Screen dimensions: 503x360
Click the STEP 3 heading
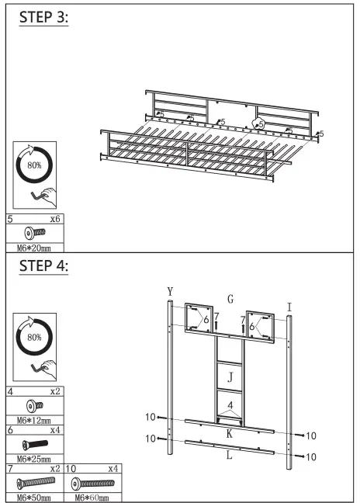click(43, 17)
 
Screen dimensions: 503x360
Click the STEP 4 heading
click(43, 266)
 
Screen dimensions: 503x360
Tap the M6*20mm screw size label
click(33, 248)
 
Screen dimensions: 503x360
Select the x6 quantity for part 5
click(54, 220)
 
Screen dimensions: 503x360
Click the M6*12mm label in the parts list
click(33, 420)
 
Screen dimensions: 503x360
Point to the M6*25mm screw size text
click(33, 459)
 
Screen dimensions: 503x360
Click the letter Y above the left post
click(170, 291)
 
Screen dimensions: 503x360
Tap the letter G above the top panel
click(230, 299)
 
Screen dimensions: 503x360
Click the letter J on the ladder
click(230, 377)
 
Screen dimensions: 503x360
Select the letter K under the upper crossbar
click(229, 433)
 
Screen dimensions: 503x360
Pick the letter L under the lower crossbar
click(229, 456)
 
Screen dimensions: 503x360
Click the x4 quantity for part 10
click(114, 470)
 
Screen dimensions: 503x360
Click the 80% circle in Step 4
click(34, 337)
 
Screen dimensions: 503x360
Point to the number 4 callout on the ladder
click(230, 405)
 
